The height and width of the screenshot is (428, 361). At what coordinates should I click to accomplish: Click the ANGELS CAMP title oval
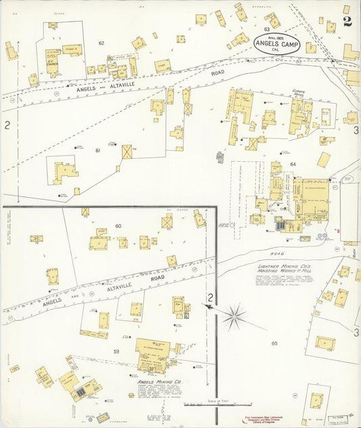275,45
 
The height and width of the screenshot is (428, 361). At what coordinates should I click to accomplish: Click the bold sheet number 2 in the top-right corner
347,20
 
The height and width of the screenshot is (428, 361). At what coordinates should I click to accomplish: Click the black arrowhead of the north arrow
206,307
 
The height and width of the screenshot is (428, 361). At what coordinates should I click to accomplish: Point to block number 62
102,43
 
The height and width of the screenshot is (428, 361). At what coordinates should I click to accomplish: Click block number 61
98,150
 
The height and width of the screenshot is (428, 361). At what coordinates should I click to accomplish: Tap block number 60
118,226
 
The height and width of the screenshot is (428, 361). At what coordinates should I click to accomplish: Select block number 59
116,351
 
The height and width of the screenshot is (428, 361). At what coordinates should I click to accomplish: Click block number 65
274,343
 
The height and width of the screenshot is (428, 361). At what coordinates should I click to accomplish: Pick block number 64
293,164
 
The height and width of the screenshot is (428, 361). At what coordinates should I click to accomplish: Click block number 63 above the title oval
267,29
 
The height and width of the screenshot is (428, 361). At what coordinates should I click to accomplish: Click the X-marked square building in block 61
127,152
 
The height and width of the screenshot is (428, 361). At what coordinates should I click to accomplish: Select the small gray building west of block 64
219,157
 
